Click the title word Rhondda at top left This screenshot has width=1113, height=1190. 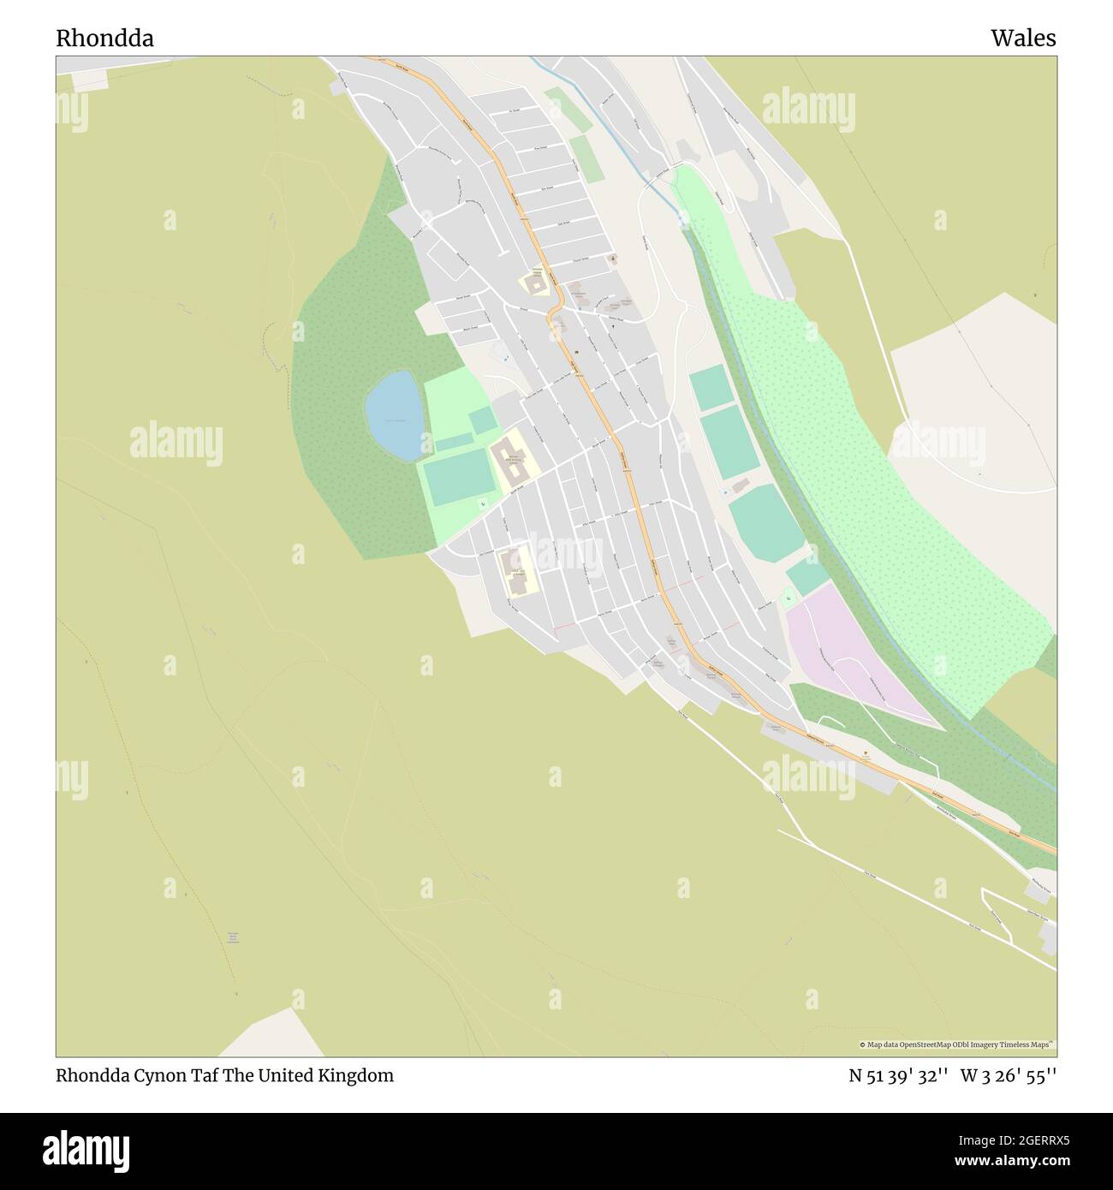coord(105,39)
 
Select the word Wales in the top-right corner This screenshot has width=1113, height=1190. coord(1023,39)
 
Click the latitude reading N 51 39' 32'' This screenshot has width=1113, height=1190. coord(898,1075)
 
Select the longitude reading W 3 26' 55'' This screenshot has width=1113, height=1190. coord(1009,1075)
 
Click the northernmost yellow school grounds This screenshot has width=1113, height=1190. coord(536,283)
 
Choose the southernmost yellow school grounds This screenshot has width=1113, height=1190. coord(518,571)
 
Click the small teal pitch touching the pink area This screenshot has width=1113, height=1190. coord(806,574)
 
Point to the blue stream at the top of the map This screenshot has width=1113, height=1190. coord(599,128)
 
